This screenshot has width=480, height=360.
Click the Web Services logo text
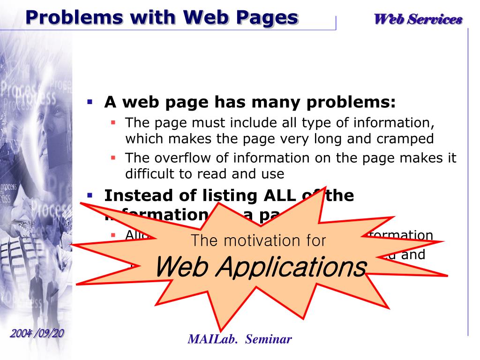click(418, 19)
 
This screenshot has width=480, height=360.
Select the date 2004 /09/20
click(37, 333)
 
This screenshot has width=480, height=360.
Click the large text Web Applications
click(260, 267)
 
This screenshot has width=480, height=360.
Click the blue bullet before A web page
click(90, 101)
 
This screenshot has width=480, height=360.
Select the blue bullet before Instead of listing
click(90, 194)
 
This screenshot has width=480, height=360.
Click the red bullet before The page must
click(113, 122)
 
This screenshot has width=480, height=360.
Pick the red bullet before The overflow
click(113, 157)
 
